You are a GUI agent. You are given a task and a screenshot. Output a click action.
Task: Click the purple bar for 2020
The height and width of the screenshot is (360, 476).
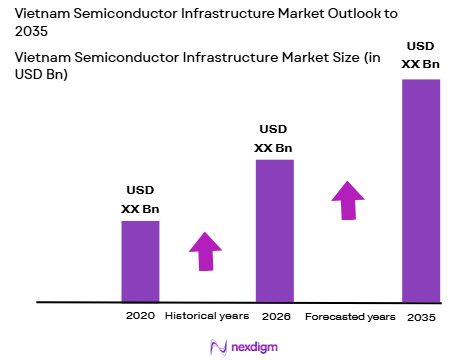tap(140, 260)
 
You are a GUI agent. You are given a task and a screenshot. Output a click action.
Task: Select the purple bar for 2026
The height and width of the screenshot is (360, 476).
tap(274, 229)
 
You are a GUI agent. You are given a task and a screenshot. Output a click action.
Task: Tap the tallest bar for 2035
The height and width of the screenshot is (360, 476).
tap(421, 189)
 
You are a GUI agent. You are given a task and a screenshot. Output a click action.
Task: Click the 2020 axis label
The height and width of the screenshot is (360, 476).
tap(140, 315)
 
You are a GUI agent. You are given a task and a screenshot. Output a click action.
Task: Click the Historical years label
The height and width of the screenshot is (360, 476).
tap(206, 315)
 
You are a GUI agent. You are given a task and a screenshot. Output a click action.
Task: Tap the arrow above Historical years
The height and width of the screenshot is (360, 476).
tap(206, 250)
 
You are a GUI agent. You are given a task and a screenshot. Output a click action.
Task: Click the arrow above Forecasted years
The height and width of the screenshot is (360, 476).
tap(347, 199)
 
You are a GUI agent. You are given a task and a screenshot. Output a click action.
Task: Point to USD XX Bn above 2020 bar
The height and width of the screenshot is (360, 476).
tap(140, 199)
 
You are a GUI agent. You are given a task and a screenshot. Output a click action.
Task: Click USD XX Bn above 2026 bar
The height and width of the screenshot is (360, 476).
tap(274, 138)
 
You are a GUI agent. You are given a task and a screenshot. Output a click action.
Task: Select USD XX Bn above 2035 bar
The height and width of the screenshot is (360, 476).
tap(421, 55)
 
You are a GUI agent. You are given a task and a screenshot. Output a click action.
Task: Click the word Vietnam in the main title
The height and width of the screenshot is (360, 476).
tap(44, 13)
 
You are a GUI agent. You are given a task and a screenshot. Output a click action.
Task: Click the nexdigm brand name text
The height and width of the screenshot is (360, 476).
tap(250, 346)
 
